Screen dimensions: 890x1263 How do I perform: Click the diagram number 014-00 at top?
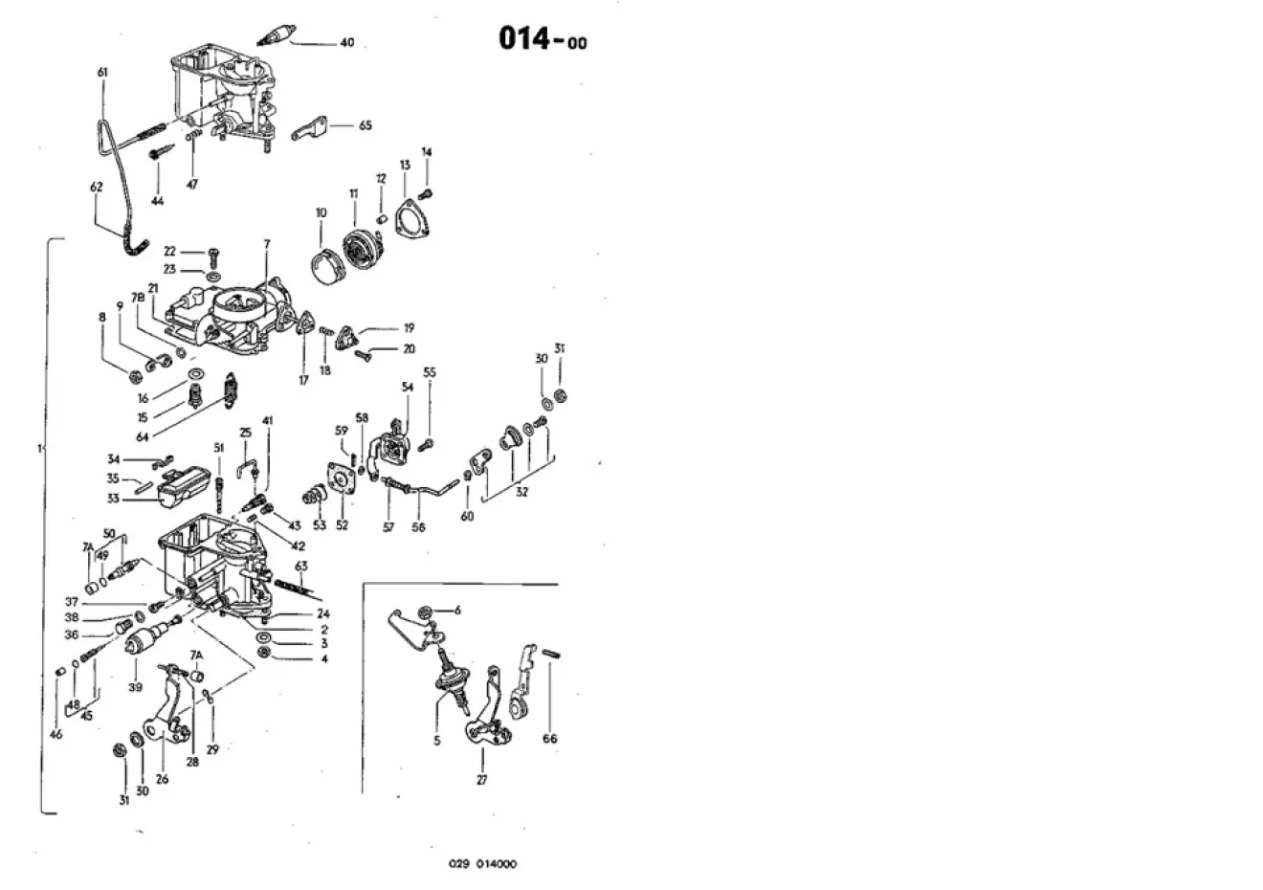click(x=543, y=39)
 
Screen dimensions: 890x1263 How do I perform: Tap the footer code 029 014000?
click(x=483, y=864)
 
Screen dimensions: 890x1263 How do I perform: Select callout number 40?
click(x=347, y=43)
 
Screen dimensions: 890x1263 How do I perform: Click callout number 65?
click(x=365, y=125)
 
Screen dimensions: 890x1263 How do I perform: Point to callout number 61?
click(x=102, y=72)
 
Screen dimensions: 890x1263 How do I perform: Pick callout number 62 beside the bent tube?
click(x=96, y=188)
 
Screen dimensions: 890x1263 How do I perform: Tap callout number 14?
click(x=427, y=151)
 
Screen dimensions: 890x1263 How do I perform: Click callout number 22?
click(x=169, y=250)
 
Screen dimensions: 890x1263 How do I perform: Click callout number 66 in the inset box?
click(x=549, y=739)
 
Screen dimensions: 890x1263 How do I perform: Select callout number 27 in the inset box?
click(x=481, y=780)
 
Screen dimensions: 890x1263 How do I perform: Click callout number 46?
click(x=55, y=735)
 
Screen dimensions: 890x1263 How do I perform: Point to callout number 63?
click(x=301, y=566)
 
